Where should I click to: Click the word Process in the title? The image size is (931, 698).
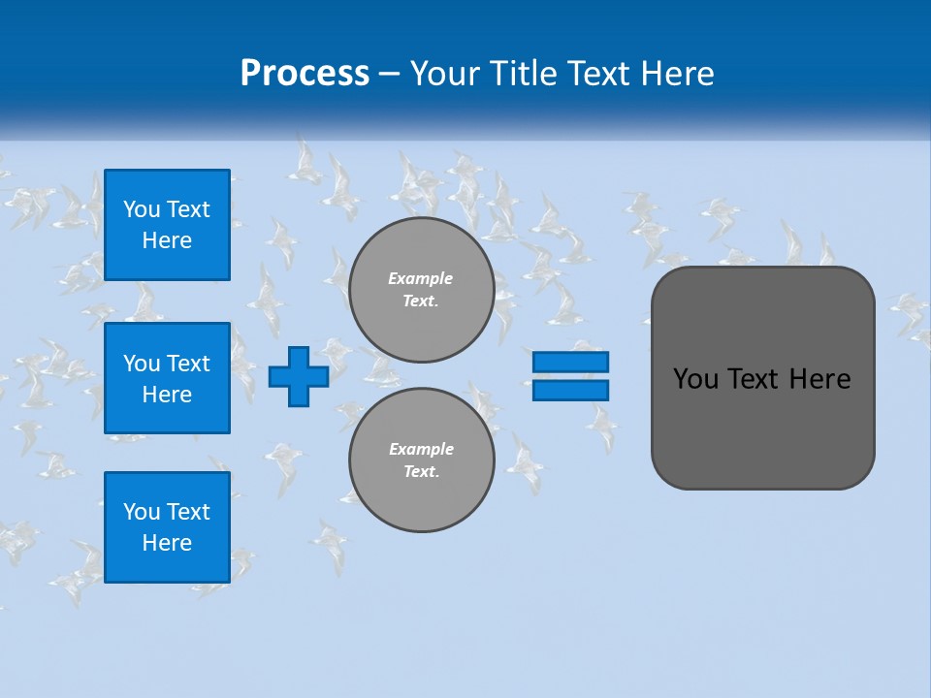coord(305,74)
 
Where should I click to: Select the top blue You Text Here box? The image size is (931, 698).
coord(167,225)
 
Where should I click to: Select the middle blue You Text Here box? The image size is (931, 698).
coord(167,378)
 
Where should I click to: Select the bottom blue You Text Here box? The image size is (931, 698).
coord(167,527)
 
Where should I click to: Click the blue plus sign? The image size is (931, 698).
coord(299,376)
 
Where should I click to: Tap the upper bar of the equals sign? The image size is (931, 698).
coord(570,362)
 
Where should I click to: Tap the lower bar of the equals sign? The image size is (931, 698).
coord(570,390)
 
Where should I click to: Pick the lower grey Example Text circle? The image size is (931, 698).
coord(422,460)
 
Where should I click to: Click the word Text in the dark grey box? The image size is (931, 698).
coord(754,379)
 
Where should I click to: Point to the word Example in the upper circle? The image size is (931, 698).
coord(420,278)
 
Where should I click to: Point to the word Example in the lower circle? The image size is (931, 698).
coord(421,449)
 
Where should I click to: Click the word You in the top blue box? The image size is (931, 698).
coord(142,209)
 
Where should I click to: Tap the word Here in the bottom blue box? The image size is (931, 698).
coord(167,543)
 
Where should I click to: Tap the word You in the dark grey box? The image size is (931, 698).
coord(695,379)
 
